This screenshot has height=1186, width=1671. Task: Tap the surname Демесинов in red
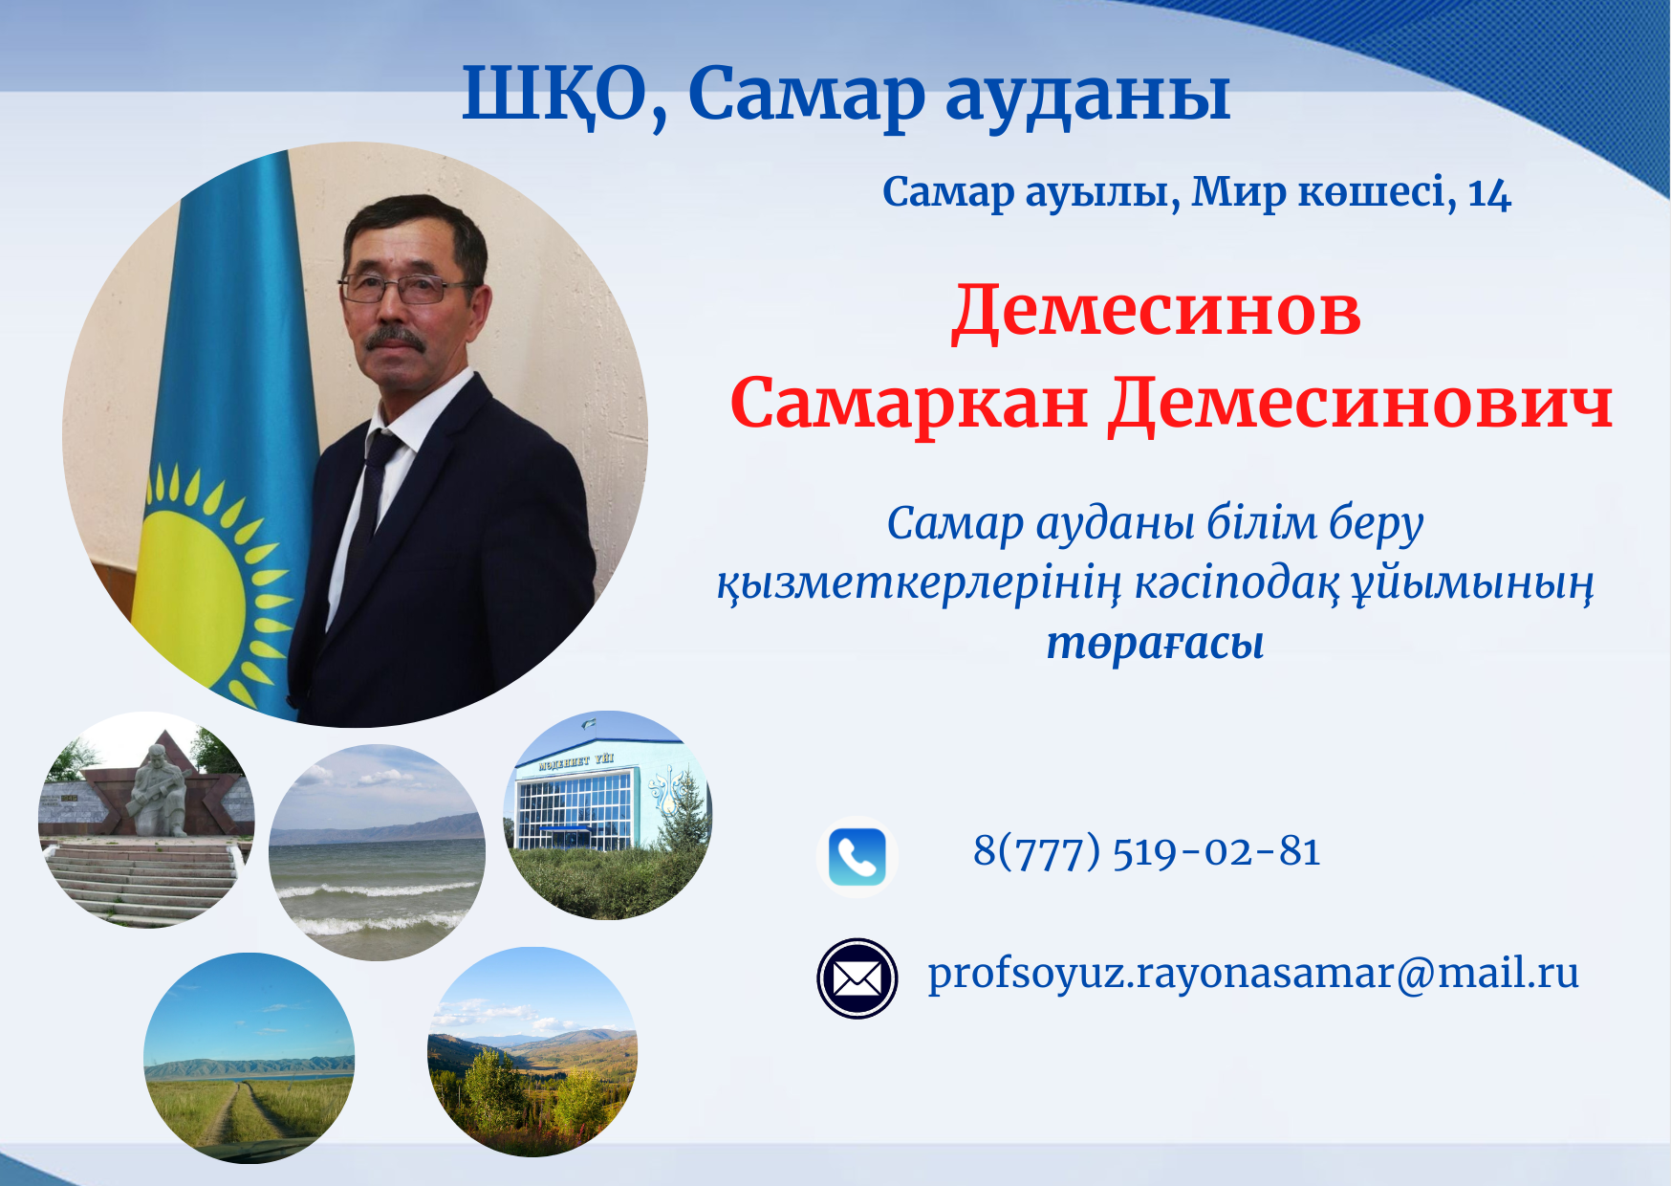(x=1157, y=311)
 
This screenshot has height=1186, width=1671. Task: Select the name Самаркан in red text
(x=909, y=403)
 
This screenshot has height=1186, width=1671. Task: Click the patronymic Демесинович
(x=1360, y=403)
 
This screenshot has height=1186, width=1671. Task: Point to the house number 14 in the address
(x=1489, y=194)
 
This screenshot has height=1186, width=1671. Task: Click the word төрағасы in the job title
(x=1155, y=643)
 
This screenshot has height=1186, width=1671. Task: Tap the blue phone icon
(x=857, y=856)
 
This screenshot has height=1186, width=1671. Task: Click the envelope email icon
(x=857, y=977)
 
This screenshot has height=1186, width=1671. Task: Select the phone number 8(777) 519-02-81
(x=1147, y=851)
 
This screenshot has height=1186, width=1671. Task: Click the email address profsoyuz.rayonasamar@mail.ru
(x=1253, y=974)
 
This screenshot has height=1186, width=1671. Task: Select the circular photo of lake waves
(x=377, y=852)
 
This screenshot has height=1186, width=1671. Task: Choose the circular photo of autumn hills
(x=532, y=1052)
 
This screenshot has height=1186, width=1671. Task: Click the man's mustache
(x=394, y=338)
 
